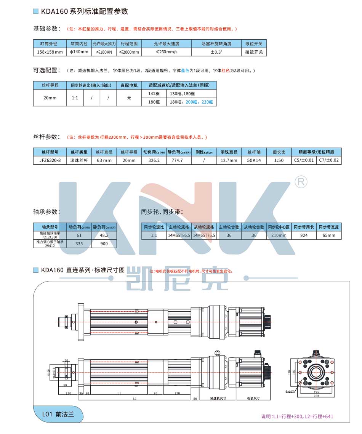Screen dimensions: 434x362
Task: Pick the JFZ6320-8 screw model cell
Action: (x=50, y=160)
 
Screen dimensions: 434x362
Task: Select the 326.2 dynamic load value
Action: (x=154, y=160)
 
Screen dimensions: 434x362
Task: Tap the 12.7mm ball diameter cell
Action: (x=229, y=160)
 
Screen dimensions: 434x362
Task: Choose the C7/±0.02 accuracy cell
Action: (x=329, y=160)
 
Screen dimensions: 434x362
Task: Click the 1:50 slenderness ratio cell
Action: (x=279, y=160)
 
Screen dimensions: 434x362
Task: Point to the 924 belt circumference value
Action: (x=304, y=235)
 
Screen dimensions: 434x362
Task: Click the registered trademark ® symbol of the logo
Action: (x=301, y=182)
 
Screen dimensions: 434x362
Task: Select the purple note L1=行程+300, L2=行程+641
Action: (x=297, y=416)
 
